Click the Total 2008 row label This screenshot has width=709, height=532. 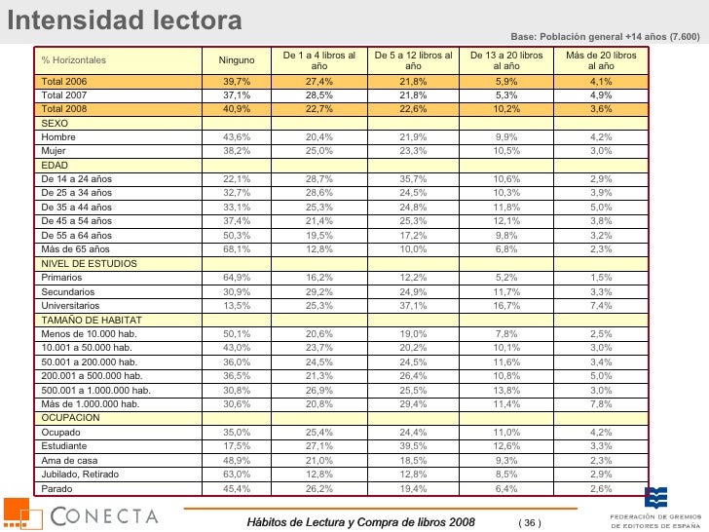tap(65, 110)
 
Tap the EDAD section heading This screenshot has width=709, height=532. tap(54, 166)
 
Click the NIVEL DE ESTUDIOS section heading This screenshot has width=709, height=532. tap(89, 263)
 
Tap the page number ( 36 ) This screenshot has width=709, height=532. tap(529, 523)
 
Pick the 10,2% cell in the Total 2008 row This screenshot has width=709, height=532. tap(506, 110)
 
